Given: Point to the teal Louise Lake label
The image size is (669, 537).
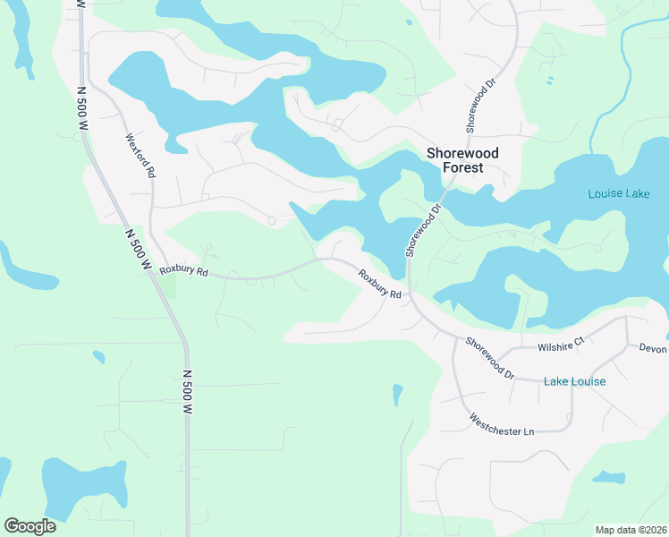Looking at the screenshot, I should coord(619,194).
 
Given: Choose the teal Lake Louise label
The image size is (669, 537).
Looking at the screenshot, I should coord(574,381).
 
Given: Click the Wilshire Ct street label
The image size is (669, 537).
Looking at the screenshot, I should coord(561,342).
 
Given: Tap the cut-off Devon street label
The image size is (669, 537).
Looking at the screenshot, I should coord(653,347).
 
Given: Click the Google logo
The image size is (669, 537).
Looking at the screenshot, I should coord(30,525).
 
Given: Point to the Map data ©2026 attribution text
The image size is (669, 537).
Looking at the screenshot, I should coord(630,529).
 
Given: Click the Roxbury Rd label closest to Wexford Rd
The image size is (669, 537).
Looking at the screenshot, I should coord(183,270).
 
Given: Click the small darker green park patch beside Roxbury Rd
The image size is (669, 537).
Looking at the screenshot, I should coord(169,287).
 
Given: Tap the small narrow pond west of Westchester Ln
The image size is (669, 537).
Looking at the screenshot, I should coord(397,394).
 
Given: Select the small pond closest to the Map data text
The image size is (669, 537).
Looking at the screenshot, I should coord(609,477).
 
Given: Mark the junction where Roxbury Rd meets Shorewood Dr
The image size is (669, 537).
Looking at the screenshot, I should coord(410,292).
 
